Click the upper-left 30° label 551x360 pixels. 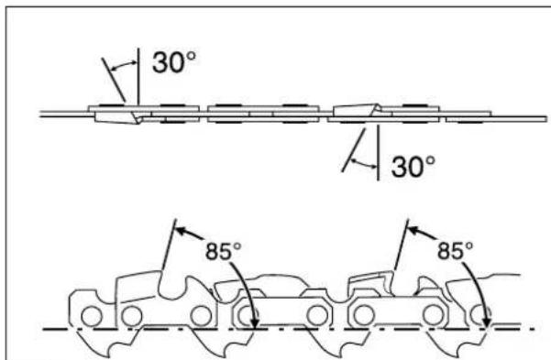pos(174,62)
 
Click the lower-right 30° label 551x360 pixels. pos(413,166)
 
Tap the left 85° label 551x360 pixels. pos(224,251)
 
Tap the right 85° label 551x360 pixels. pos(455,251)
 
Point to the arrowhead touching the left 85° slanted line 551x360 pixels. pos(180,231)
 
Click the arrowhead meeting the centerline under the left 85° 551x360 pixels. pos(255,322)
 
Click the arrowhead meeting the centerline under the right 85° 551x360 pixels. pos(487,322)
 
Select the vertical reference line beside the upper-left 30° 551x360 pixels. pos(138,76)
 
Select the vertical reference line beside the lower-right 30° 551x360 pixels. pos(378,152)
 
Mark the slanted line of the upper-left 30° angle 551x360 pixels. pos(113,80)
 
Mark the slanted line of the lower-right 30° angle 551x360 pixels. pos(354,150)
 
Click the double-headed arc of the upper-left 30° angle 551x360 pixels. pos(122,65)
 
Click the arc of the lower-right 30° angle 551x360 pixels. pos(364,164)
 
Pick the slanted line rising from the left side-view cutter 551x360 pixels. pos(169,245)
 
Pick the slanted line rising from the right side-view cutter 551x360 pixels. pos(401,245)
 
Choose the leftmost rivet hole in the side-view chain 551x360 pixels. pos(92,316)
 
